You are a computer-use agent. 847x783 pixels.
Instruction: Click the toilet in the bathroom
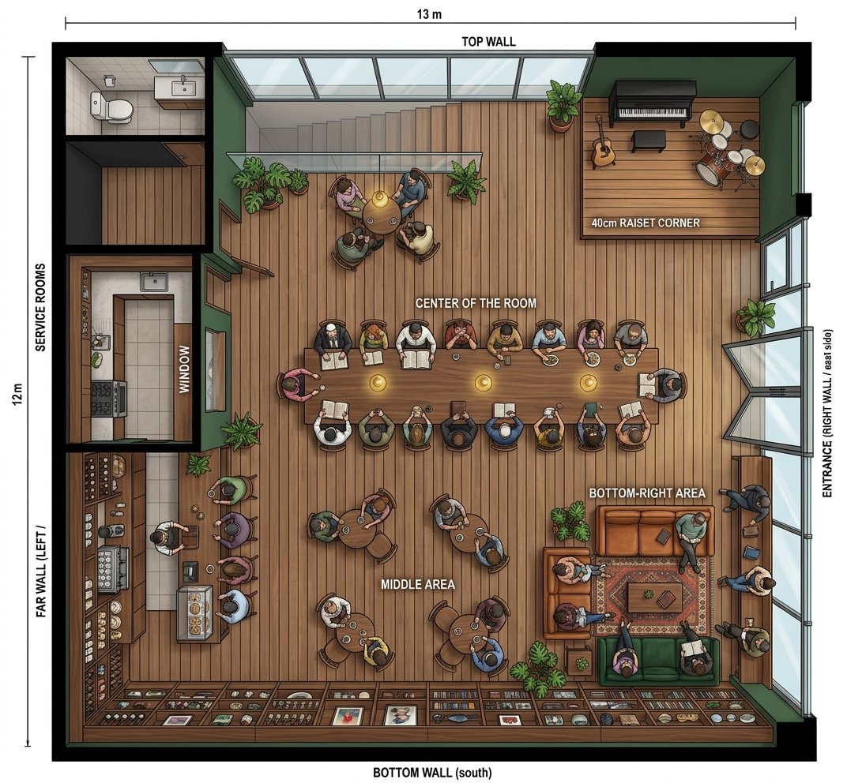tap(111, 106)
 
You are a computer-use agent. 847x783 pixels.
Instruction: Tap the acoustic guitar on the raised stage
tap(603, 144)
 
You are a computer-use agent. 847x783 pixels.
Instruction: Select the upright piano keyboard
tap(652, 113)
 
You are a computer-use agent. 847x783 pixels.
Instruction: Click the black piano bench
tap(649, 141)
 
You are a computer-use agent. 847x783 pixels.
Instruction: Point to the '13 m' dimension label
tap(429, 14)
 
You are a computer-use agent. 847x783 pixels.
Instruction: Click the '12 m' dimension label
tap(18, 395)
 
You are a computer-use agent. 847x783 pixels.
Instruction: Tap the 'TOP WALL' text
tap(488, 42)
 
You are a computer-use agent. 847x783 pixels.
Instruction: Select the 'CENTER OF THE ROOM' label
tap(476, 303)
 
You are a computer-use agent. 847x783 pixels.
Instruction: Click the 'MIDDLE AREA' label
tap(417, 584)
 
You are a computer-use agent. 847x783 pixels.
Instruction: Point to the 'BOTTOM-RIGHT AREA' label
tap(647, 493)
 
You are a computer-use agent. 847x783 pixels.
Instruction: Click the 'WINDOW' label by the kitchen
tap(184, 369)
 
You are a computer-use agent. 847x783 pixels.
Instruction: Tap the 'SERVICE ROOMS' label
tap(40, 308)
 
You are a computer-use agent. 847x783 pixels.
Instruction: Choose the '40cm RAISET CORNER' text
tap(646, 223)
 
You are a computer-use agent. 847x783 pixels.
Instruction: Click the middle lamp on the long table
tap(483, 383)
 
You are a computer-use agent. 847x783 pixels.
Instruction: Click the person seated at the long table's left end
tap(297, 384)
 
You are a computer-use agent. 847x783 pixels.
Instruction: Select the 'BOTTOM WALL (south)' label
tap(432, 773)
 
